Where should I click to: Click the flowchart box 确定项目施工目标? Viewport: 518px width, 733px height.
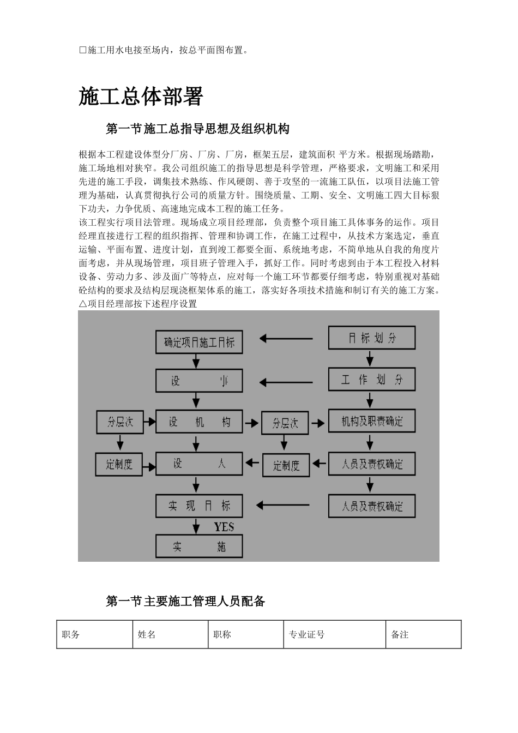coord(199,342)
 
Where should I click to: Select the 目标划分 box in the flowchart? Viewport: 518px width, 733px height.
coord(371,338)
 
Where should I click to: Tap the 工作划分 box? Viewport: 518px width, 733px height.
coord(371,380)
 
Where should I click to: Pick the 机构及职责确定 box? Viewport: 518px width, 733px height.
coord(371,422)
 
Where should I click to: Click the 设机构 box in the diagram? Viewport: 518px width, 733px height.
coord(199,422)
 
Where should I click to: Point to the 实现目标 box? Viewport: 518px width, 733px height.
coord(199,506)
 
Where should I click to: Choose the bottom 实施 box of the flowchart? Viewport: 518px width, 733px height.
coord(199,546)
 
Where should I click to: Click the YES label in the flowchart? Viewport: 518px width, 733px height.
coord(224,527)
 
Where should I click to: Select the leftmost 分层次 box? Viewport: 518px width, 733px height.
coord(119,422)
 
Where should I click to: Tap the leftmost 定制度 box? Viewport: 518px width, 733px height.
coord(119,465)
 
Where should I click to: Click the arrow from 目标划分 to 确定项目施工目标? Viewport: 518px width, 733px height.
coord(286,339)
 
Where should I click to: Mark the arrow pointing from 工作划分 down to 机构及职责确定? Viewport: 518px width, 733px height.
coord(371,400)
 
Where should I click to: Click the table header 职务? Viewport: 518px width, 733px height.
coord(71,634)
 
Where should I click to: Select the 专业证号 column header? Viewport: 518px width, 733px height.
coord(306,634)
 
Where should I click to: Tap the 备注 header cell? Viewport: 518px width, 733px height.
coord(400,634)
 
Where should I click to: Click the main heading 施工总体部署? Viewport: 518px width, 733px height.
coord(141,97)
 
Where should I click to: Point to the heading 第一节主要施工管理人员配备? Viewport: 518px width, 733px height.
coord(185,601)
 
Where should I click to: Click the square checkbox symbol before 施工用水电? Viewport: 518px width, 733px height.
coord(83,50)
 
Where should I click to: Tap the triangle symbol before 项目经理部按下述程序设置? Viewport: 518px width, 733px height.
coord(83,304)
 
